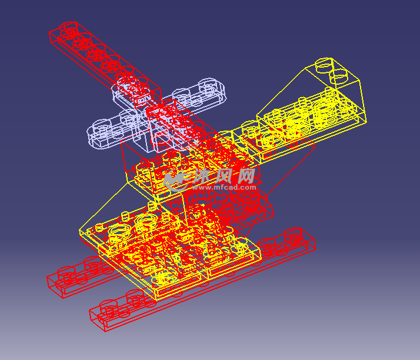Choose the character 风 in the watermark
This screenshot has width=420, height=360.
pos(225,176)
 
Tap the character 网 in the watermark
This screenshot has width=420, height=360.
pos(246,176)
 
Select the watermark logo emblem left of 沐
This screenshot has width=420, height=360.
pos(175,180)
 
